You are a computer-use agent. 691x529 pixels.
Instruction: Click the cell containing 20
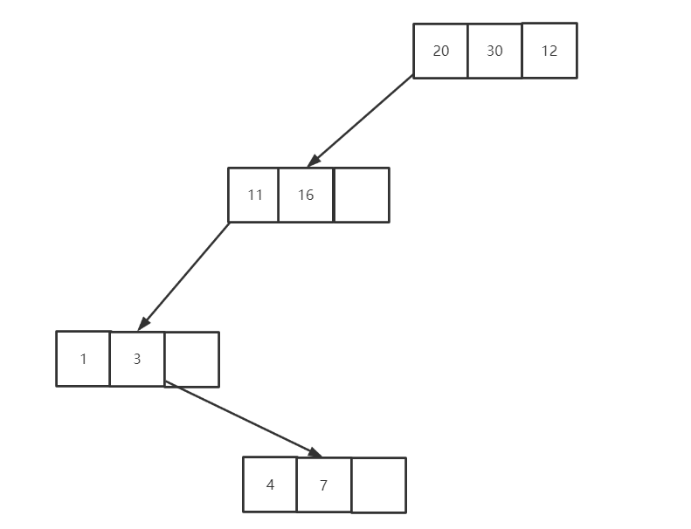click(x=440, y=51)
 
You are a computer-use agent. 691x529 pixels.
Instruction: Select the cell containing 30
click(x=494, y=51)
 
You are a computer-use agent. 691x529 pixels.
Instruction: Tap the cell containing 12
click(x=549, y=51)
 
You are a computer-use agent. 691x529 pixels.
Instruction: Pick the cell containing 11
click(x=253, y=195)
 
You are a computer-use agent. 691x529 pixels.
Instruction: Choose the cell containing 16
click(x=306, y=195)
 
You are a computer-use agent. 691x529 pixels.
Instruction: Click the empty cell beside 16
click(x=361, y=195)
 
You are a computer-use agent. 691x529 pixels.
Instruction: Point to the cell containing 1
click(x=83, y=358)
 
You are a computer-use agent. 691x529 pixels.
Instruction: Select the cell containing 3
click(x=137, y=358)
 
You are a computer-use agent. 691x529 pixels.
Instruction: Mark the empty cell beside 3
click(x=191, y=359)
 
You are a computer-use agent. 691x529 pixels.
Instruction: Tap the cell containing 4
click(x=270, y=484)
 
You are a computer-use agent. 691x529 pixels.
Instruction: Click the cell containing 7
click(x=324, y=484)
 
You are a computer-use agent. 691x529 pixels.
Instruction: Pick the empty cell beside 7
click(x=378, y=485)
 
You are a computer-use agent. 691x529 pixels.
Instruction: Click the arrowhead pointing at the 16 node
click(x=314, y=161)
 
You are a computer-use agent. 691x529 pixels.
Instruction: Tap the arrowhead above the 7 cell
click(x=314, y=452)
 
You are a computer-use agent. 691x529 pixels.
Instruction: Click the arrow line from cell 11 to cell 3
click(x=185, y=275)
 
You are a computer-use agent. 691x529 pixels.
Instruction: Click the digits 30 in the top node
click(x=494, y=51)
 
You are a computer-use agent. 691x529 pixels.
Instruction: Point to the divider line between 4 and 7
click(x=297, y=484)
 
